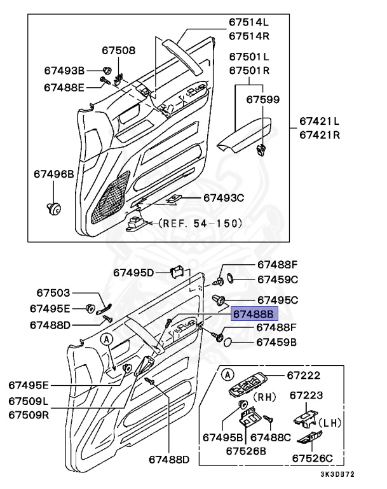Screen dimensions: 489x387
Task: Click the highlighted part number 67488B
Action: [252, 313]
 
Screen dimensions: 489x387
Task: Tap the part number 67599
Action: [262, 99]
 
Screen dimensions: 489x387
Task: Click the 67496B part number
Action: [54, 173]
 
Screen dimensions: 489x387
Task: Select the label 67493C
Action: [224, 198]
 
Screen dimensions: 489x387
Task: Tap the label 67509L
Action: [29, 402]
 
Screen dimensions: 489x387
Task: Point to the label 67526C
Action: [312, 457]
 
